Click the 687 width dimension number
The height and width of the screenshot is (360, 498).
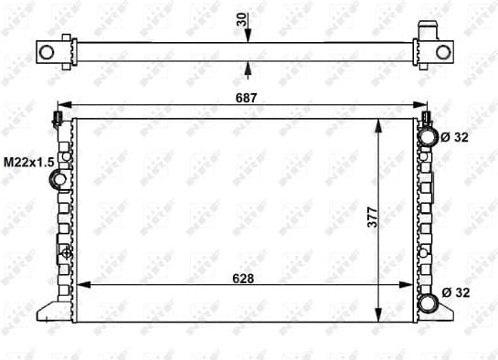[249, 96]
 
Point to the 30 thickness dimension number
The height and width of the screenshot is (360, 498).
[241, 19]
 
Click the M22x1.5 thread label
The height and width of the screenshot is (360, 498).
[26, 162]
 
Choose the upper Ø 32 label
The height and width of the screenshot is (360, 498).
[454, 138]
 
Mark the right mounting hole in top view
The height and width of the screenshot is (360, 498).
[443, 51]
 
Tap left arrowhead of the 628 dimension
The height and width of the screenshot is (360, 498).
[79, 285]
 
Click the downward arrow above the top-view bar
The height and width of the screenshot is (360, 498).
[249, 34]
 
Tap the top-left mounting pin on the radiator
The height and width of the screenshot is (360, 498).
[58, 119]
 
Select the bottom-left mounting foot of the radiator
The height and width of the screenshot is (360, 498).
[51, 312]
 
